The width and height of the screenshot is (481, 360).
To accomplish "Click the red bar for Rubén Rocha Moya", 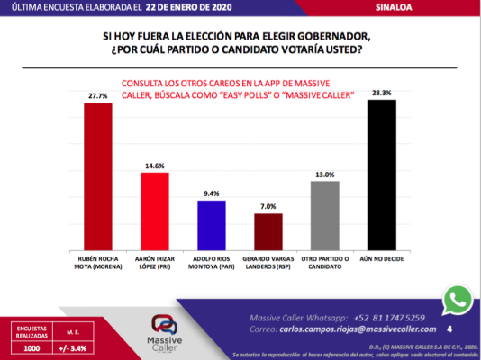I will tap(98, 175).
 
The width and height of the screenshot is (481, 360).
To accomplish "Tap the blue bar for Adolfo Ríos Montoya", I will tap(211, 224).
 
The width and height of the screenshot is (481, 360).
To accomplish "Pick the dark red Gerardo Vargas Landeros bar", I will tap(268, 230).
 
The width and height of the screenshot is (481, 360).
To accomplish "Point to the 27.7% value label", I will tap(98, 94).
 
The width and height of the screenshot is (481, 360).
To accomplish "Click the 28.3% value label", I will tap(382, 92).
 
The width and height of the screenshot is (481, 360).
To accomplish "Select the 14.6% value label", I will tap(155, 165).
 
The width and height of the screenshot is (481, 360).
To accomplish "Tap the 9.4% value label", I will tap(211, 193).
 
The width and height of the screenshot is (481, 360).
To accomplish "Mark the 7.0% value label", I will tap(268, 205).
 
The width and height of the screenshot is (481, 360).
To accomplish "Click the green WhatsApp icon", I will tap(458, 300).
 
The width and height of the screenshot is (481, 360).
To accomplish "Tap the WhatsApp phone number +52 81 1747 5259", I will tap(397, 317).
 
